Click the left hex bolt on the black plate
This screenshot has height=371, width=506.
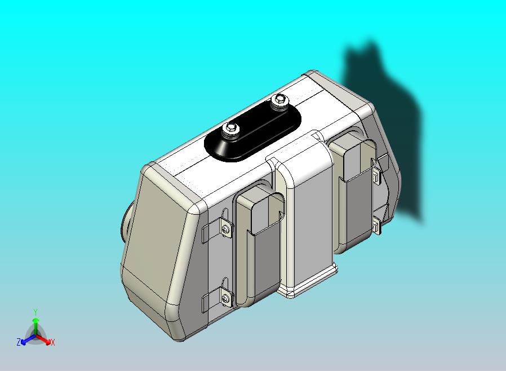[230, 130]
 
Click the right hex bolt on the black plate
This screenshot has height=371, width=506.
[278, 100]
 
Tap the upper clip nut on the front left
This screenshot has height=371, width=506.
[226, 228]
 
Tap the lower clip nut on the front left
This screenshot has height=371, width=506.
[225, 297]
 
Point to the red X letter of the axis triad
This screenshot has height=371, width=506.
[53, 342]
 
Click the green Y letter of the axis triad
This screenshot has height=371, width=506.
[35, 312]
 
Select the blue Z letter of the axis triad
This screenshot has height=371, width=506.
[19, 342]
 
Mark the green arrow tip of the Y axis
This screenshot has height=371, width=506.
[35, 320]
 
